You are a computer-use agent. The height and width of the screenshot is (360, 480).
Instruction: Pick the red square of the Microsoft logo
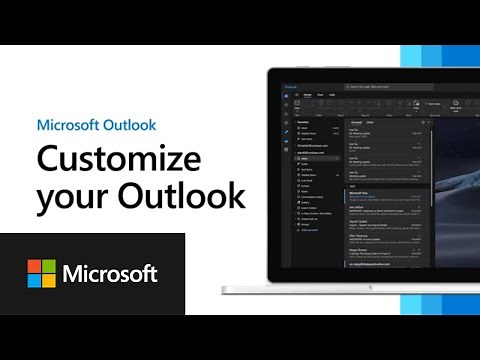tap(34, 266)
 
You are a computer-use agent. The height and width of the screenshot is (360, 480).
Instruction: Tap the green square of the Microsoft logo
tap(49, 266)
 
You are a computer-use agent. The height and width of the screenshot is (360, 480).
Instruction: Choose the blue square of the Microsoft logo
tap(34, 281)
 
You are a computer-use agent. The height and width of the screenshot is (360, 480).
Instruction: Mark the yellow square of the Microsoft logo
tap(49, 281)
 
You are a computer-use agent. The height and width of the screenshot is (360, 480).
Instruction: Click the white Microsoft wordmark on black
tap(110, 274)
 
